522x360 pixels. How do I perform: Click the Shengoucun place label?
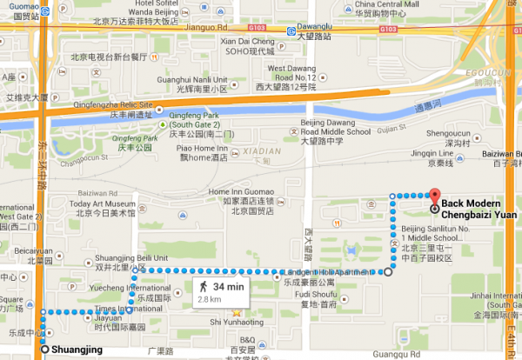click(444, 134)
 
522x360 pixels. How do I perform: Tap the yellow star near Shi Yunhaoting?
click(236, 313)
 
